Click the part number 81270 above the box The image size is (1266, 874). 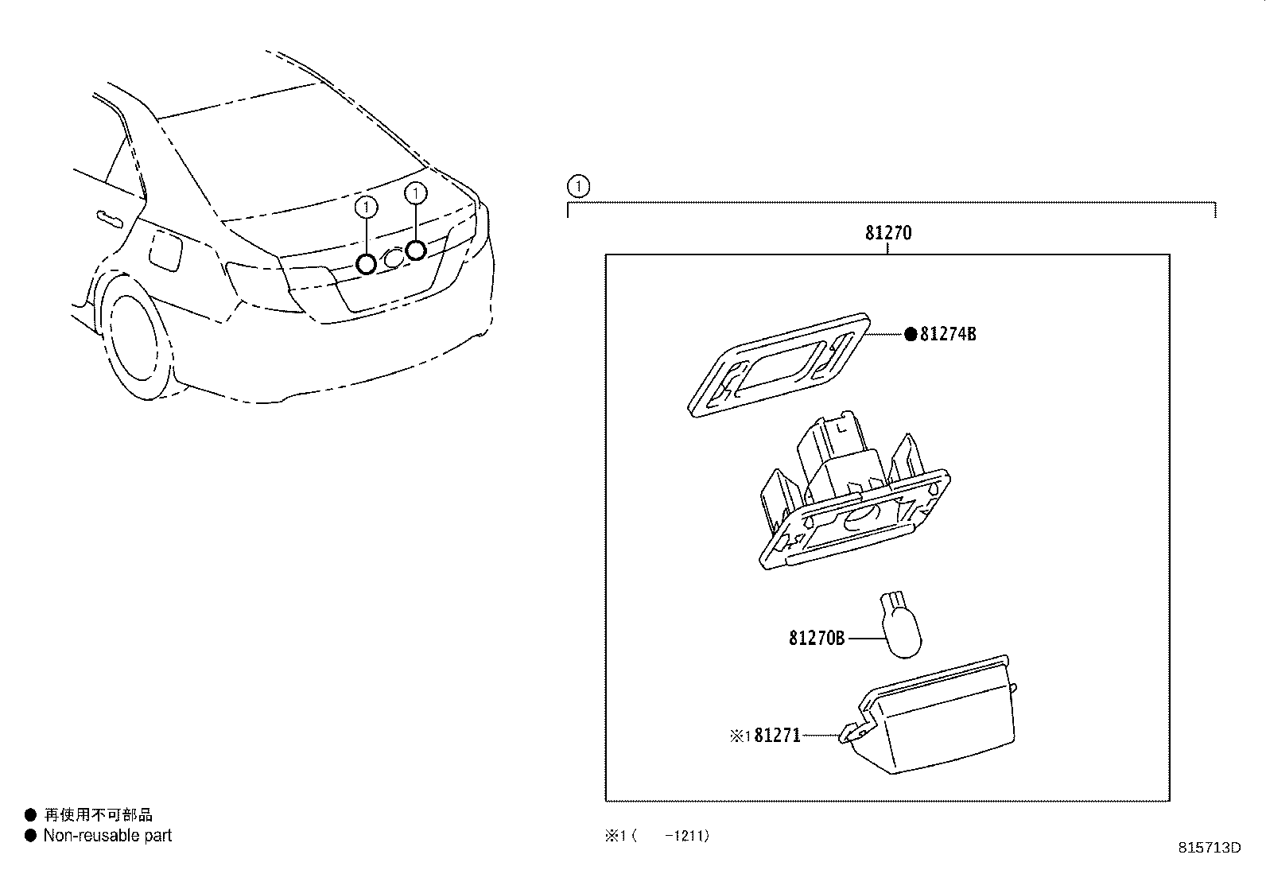click(x=887, y=233)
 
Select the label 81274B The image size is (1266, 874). click(x=947, y=334)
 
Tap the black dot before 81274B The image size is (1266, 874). click(x=911, y=334)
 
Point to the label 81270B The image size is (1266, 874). click(x=817, y=638)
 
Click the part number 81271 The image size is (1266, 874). click(x=776, y=736)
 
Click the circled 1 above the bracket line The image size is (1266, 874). click(x=579, y=188)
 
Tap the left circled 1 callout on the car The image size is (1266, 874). click(x=365, y=207)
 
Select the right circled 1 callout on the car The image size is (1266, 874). click(x=415, y=192)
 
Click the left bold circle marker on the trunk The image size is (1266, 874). click(x=366, y=263)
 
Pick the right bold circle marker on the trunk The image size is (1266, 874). click(x=415, y=251)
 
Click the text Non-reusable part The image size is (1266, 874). click(x=107, y=836)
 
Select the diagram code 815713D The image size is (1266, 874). click(x=1209, y=848)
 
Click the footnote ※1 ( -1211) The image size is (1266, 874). click(x=657, y=836)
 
